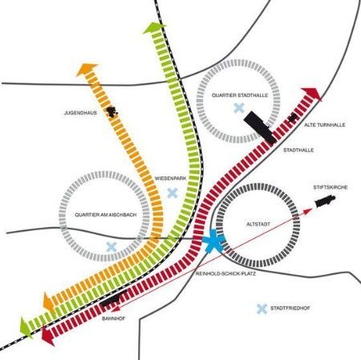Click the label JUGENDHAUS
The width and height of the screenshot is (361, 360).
pyautogui.click(x=80, y=113)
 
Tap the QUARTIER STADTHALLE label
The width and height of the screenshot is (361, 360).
pyautogui.click(x=240, y=95)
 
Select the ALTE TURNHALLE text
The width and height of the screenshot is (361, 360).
pyautogui.click(x=325, y=125)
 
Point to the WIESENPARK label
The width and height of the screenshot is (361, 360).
pyautogui.click(x=170, y=178)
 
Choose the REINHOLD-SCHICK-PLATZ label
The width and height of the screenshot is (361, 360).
pyautogui.click(x=225, y=274)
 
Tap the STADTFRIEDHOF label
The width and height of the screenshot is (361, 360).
pyautogui.click(x=290, y=308)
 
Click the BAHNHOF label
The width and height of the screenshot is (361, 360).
pyautogui.click(x=114, y=318)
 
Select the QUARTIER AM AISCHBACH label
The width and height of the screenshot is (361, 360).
pyautogui.click(x=106, y=215)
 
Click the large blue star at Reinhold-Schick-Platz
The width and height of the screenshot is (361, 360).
pyautogui.click(x=213, y=241)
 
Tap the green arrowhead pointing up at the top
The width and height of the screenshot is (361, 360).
pyautogui.click(x=154, y=28)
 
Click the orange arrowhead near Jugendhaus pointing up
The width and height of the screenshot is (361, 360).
pyautogui.click(x=87, y=70)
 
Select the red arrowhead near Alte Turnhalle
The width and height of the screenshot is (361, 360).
pyautogui.click(x=312, y=94)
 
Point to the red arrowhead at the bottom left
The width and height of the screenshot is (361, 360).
pyautogui.click(x=47, y=336)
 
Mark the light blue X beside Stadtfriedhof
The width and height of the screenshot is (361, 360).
pyautogui.click(x=262, y=309)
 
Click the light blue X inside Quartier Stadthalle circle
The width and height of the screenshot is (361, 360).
pyautogui.click(x=239, y=108)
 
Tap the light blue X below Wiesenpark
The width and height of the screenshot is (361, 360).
pyautogui.click(x=172, y=193)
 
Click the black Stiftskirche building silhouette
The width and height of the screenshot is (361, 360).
pyautogui.click(x=325, y=201)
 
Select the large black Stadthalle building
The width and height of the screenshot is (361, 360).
pyautogui.click(x=260, y=127)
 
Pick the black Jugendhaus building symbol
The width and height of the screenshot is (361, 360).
pyautogui.click(x=112, y=111)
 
